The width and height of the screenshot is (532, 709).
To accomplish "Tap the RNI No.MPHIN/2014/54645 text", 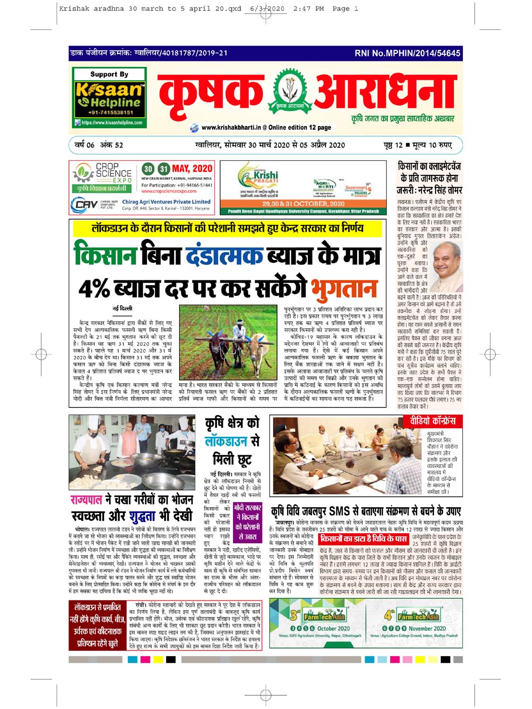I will pyautogui.click(x=407, y=53).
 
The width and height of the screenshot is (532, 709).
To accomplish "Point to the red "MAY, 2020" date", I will pyautogui.click(x=192, y=169).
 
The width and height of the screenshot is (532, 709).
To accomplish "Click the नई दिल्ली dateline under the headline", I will pyautogui.click(x=122, y=309).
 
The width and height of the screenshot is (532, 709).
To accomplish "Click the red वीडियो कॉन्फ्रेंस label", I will pyautogui.click(x=430, y=421).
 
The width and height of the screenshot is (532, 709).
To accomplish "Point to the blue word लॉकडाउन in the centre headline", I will pyautogui.click(x=227, y=441).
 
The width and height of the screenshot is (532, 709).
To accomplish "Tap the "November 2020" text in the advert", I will pyautogui.click(x=427, y=629).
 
